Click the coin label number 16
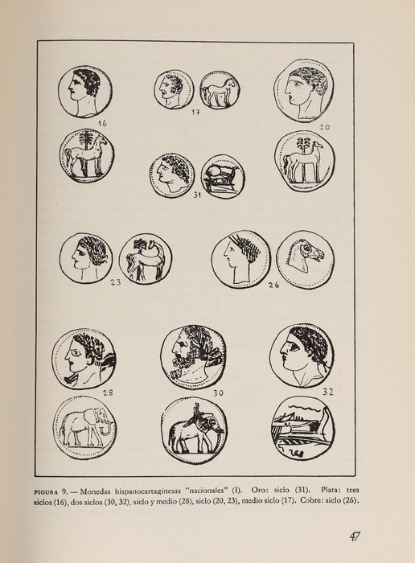click(x=101, y=123)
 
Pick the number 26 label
click(x=273, y=285)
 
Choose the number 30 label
click(x=219, y=393)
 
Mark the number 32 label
click(x=327, y=392)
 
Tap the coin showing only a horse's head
click(x=305, y=258)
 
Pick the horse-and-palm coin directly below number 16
click(x=86, y=156)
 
